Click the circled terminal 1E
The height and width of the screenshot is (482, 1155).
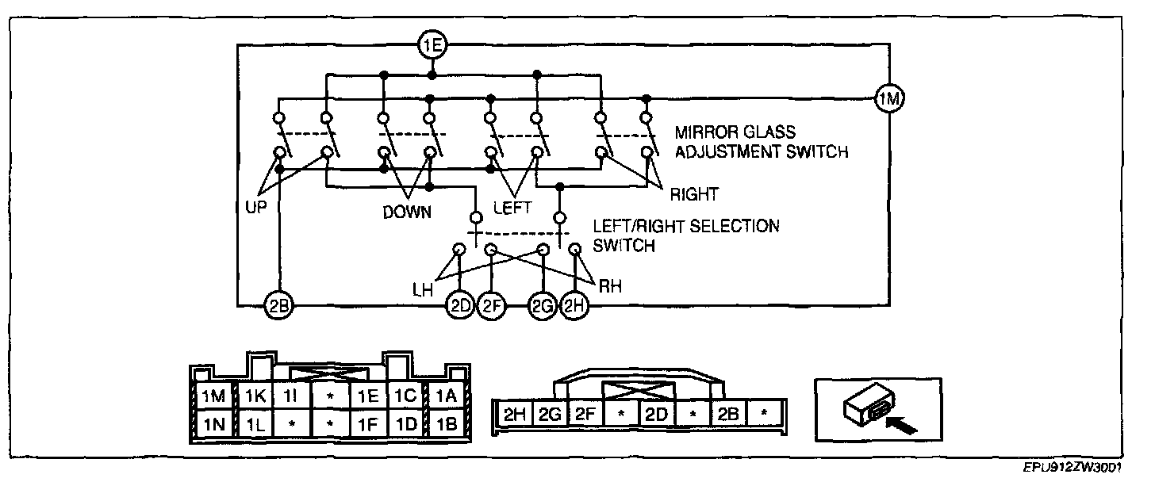coord(432,45)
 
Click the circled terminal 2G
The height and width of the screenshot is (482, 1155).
coord(543,307)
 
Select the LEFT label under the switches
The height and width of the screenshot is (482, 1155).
coord(512,208)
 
